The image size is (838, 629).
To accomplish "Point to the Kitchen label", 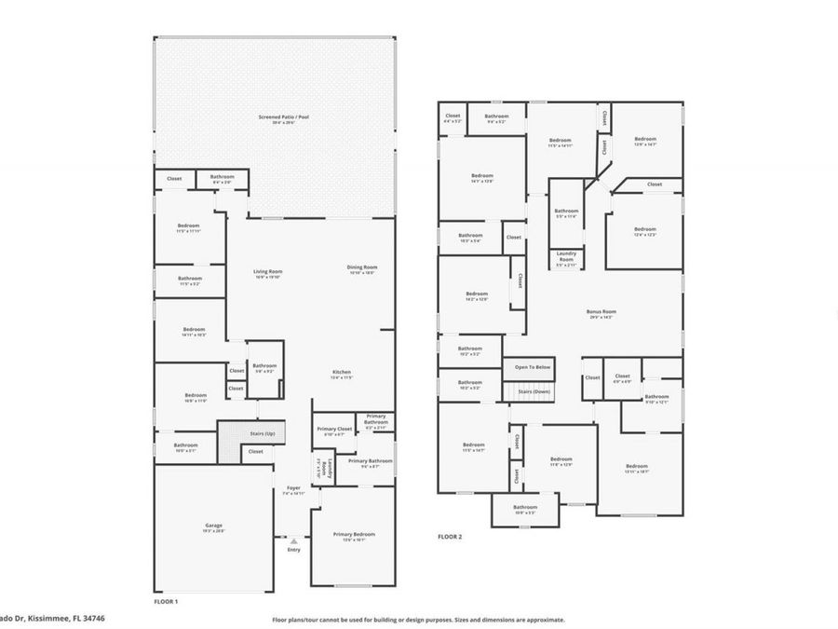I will coord(342,372).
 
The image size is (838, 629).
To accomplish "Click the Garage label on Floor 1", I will coord(213,526).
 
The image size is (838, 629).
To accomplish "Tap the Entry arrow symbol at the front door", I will coord(294,540).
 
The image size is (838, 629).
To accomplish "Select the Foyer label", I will coord(293,487).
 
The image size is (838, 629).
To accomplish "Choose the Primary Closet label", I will coord(333,429).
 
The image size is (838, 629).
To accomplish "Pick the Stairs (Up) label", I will coord(261,433).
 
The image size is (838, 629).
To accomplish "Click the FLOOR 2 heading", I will coord(450,537).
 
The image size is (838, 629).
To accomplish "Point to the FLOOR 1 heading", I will coord(166,601).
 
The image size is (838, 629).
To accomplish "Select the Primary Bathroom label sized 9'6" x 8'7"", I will coord(371,461).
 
